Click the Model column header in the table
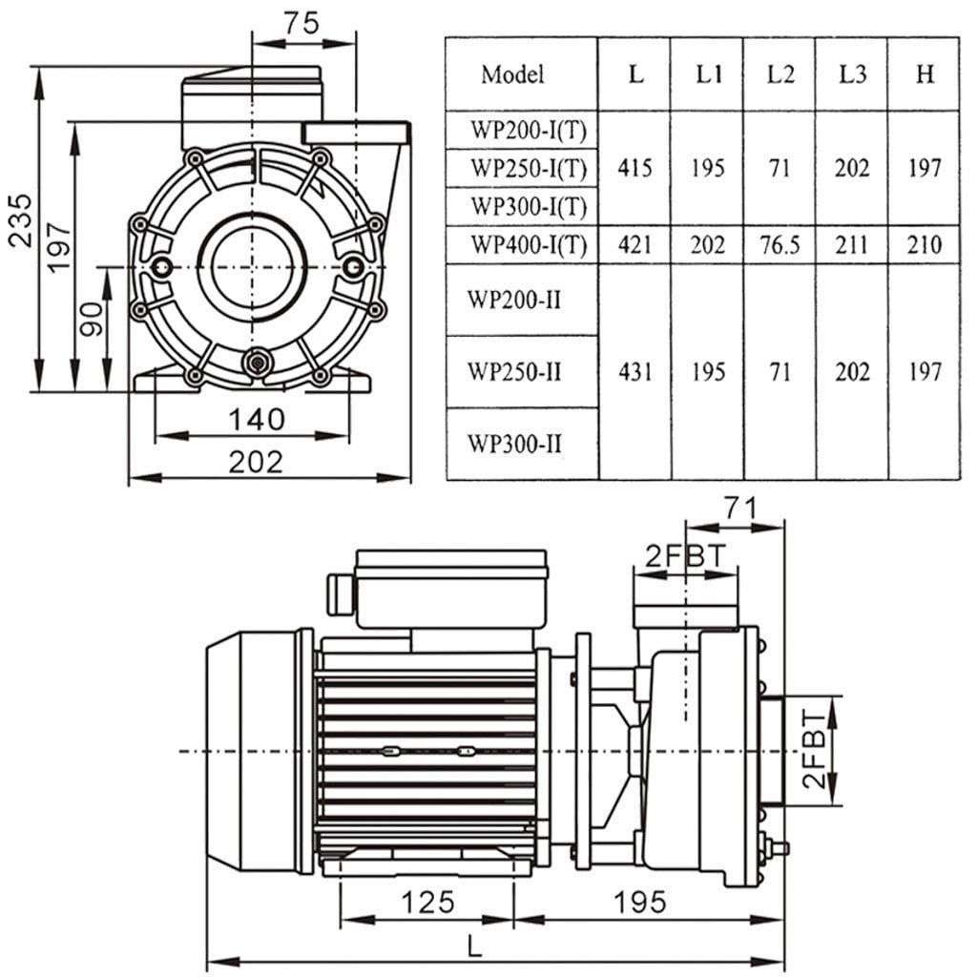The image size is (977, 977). point(512,74)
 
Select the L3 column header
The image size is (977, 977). point(852,74)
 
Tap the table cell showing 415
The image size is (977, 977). point(634,169)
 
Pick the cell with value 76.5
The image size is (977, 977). point(780,246)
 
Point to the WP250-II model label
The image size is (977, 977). point(513,371)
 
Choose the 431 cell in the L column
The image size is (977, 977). point(634,371)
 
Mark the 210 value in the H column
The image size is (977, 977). point(924,246)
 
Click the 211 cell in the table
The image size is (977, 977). point(852,246)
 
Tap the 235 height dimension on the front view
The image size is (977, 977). point(20,221)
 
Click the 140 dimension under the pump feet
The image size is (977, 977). point(256,418)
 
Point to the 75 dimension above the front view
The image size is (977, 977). point(301,26)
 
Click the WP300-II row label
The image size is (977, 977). point(513,443)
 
